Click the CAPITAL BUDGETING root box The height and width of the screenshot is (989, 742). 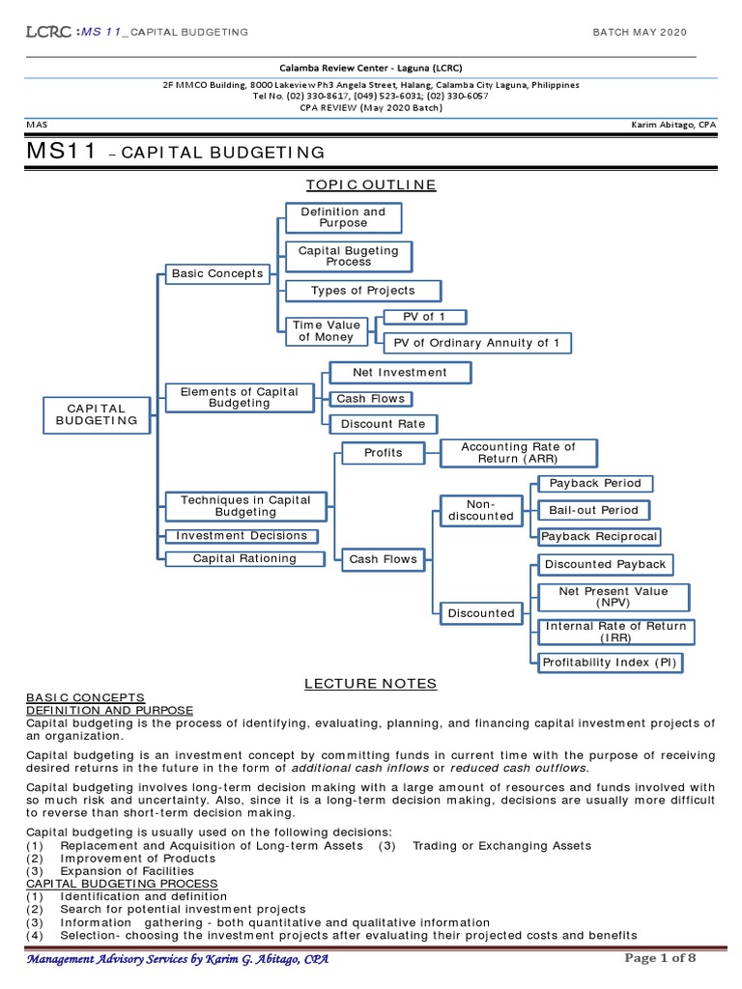[x=97, y=413]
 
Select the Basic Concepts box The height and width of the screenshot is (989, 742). [x=217, y=274]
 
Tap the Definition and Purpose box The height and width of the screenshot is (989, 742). [x=343, y=217]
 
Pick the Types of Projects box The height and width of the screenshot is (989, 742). [x=363, y=291]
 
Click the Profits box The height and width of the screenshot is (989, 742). [x=383, y=452]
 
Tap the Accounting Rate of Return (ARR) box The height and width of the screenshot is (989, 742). [x=518, y=452]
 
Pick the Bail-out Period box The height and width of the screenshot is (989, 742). [x=593, y=509]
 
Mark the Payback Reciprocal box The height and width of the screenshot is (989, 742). [x=599, y=536]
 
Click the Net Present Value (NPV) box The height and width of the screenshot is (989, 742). [x=614, y=597]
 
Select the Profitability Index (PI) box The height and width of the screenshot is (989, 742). [x=610, y=662]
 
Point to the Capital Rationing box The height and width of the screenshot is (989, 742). [x=245, y=558]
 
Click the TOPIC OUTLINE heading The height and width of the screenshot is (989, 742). [x=371, y=185]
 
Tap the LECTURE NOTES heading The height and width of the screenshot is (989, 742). [x=371, y=684]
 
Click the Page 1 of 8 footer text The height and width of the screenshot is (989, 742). [x=660, y=958]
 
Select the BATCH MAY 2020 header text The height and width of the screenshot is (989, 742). [x=640, y=33]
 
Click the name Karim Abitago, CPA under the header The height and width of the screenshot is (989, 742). [x=673, y=126]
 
